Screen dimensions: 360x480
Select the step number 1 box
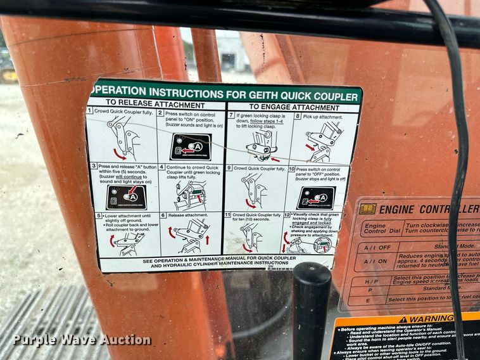coord(90,110)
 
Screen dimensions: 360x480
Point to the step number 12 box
coord(287,215)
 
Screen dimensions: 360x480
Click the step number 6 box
coord(162,215)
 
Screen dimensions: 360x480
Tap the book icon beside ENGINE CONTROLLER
coord(368,209)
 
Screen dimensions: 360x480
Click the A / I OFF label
coord(376,247)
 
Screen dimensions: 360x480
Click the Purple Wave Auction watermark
coord(82,340)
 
